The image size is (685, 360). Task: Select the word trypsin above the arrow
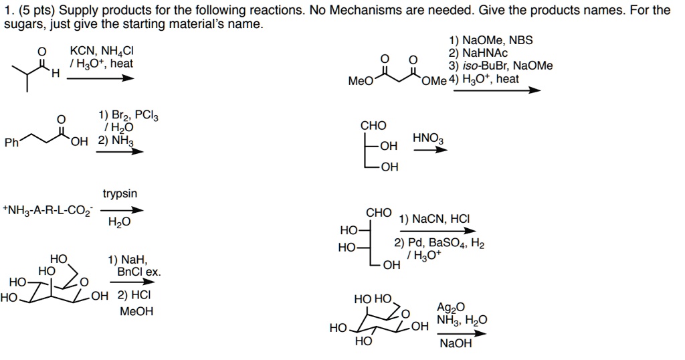[x=120, y=193]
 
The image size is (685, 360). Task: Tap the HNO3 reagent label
[x=428, y=139]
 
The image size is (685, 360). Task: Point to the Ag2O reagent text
[x=448, y=307]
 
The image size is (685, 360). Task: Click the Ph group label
[x=11, y=142]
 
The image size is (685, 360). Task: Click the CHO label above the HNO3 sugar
[x=373, y=125]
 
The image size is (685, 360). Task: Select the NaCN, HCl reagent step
[x=434, y=219]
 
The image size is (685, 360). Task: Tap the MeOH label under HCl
[x=136, y=312]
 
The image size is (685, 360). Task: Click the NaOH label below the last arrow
[x=456, y=343]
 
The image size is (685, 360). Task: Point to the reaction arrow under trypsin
[x=121, y=209]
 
